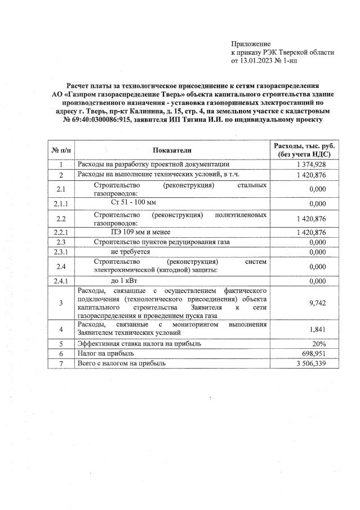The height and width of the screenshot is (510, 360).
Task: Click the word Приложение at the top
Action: coord(251,43)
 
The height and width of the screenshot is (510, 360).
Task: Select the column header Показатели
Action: coord(172,150)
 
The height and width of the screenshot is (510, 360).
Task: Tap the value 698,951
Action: coord(314,353)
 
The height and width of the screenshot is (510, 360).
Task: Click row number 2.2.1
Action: coord(61,232)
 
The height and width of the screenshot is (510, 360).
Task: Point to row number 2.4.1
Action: coord(61,281)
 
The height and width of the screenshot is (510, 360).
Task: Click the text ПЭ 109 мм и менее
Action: coord(141,232)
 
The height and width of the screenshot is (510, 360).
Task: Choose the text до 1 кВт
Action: coord(125,281)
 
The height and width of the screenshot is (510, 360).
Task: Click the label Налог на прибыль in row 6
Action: coord(105,353)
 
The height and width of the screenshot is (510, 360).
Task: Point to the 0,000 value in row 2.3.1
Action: coord(318,252)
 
